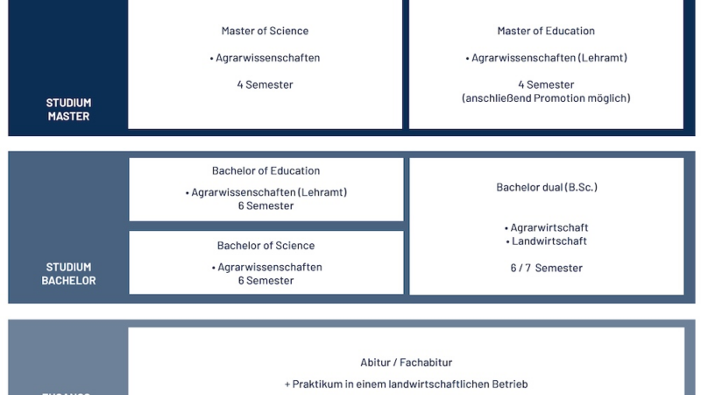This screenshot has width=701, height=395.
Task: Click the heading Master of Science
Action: (265, 32)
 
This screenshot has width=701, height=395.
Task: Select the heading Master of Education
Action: (546, 32)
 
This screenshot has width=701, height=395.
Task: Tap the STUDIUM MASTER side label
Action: (68, 110)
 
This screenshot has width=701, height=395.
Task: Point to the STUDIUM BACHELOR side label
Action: (68, 274)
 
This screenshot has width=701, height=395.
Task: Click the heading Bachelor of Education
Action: (266, 171)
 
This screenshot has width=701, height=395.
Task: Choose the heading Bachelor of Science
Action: (266, 246)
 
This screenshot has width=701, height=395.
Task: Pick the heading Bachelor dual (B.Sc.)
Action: (546, 188)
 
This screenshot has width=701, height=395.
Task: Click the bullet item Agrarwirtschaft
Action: (549, 228)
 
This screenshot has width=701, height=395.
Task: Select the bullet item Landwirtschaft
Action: (549, 241)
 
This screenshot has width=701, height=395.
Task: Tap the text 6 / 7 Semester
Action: (546, 268)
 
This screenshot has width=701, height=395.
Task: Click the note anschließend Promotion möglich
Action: (546, 98)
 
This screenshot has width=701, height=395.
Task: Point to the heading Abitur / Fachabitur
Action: (406, 363)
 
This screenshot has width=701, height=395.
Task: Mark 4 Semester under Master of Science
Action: (265, 85)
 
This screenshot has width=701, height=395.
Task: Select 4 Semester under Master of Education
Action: (546, 85)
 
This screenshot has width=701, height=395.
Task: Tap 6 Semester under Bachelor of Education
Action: (266, 206)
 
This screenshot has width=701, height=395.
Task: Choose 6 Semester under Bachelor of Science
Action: (266, 281)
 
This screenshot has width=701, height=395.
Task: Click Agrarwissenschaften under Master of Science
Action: (267, 58)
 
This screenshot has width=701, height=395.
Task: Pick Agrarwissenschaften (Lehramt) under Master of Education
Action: (549, 58)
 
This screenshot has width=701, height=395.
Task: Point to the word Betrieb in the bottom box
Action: (507, 384)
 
